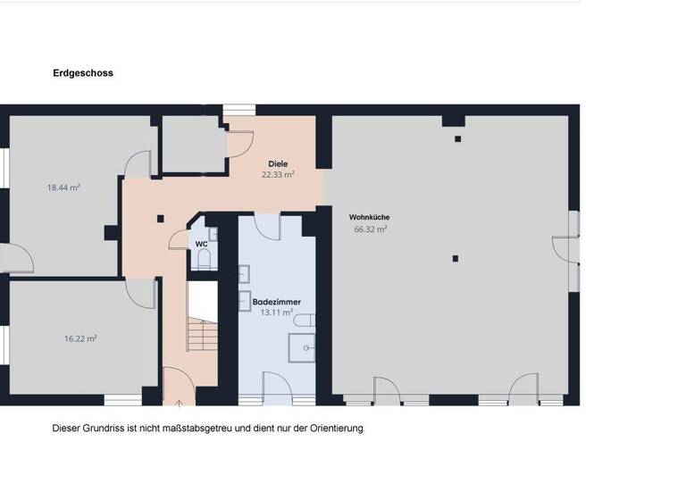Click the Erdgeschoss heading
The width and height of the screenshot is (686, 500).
click(83, 73)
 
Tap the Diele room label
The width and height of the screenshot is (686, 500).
click(278, 163)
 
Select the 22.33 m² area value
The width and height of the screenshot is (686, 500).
click(278, 175)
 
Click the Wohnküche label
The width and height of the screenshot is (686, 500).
click(369, 217)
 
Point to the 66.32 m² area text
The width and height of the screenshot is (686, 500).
click(370, 229)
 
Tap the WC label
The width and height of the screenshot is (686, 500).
click(201, 243)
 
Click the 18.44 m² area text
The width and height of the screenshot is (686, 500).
click(63, 187)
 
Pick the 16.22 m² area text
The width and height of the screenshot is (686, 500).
click(80, 338)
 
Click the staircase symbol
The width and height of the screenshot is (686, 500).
click(203, 335)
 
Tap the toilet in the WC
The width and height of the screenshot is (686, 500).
click(204, 259)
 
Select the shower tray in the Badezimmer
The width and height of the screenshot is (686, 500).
click(307, 347)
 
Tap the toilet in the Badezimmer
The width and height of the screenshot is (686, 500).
click(306, 320)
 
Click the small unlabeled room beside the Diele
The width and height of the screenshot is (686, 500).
click(191, 143)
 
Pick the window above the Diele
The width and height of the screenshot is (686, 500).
click(239, 109)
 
